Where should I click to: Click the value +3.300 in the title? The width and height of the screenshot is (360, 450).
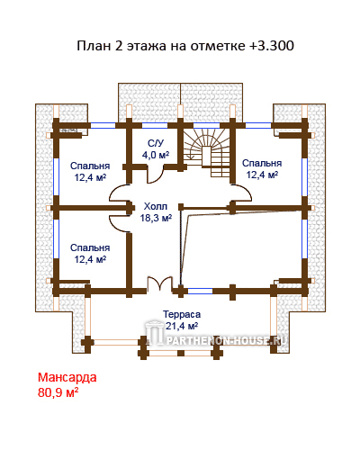click(271, 46)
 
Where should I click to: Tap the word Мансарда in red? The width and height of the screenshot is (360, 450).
click(67, 377)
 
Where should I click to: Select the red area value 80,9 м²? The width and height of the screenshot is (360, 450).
click(58, 392)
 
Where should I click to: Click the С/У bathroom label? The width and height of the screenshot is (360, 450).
click(156, 143)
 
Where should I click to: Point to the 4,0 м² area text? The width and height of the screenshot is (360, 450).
click(156, 155)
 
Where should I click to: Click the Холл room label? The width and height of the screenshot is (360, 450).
click(156, 206)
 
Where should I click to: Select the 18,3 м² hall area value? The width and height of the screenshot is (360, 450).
click(156, 218)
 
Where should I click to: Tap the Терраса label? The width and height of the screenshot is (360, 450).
click(182, 314)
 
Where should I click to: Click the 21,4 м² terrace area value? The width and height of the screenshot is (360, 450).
click(182, 326)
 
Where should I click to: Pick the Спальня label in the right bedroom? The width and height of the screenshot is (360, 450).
click(262, 163)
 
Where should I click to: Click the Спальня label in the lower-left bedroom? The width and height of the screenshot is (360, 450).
click(90, 247)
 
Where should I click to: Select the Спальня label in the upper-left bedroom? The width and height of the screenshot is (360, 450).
click(90, 166)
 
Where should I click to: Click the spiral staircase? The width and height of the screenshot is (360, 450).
click(207, 152)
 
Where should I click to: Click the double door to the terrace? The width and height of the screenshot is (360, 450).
click(160, 283)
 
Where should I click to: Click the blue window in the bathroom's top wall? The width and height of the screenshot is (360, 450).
click(155, 125)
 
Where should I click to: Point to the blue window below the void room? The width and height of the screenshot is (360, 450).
click(200, 291)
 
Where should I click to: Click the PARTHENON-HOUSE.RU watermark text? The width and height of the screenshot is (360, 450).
click(226, 340)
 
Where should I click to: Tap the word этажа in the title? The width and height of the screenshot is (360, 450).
click(146, 47)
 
